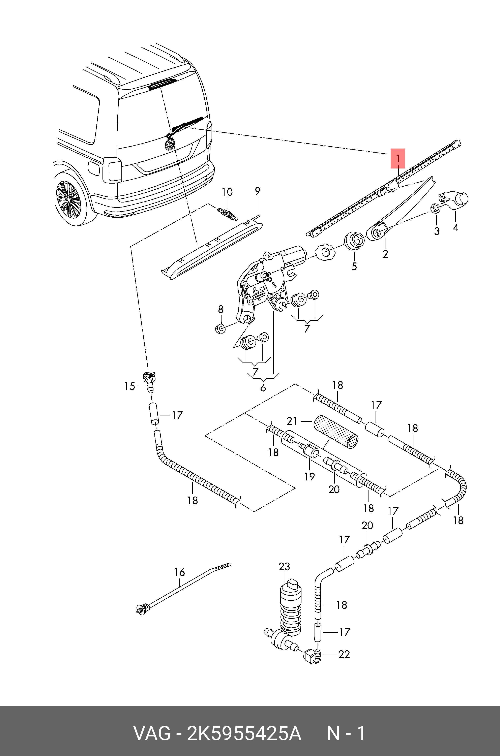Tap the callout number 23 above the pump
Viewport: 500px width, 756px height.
click(284, 566)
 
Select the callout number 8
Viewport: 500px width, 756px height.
click(221, 309)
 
